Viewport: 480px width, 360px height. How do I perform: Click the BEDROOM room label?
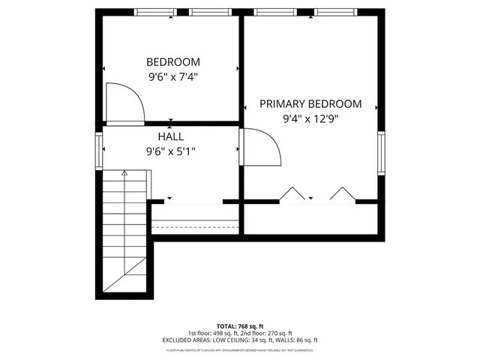172,62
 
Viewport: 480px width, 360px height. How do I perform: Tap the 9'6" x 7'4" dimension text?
172,76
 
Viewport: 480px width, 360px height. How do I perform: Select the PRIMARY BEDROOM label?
310,104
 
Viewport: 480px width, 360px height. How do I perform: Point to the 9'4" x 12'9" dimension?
310,118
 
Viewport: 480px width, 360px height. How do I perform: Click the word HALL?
172,136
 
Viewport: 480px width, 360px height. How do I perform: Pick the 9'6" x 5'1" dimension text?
172,151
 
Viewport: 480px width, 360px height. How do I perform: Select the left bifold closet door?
290,194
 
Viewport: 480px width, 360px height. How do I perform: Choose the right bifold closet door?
342,194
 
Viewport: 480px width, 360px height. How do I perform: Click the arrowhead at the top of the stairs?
125,173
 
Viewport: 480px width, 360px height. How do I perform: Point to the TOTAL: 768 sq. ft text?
239,326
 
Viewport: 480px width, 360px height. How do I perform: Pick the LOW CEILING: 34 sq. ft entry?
242,340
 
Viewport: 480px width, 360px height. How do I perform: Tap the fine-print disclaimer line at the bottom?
239,349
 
